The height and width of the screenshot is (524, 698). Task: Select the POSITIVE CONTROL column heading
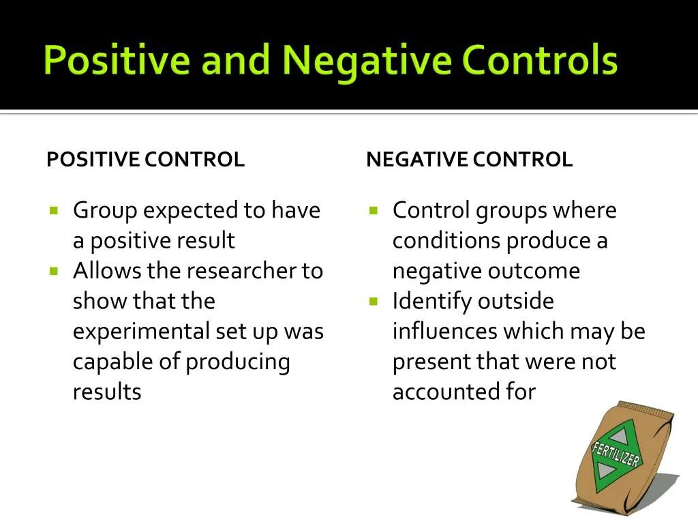145,160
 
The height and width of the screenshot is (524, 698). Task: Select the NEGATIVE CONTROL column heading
469,160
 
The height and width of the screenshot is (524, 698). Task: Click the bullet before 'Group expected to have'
55,210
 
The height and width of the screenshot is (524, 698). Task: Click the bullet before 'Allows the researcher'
55,270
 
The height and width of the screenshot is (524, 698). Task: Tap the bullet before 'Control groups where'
374,210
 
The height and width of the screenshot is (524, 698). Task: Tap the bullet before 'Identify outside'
374,300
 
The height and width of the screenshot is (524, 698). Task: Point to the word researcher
241,271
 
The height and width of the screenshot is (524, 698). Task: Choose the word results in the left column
107,392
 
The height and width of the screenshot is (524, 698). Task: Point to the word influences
444,332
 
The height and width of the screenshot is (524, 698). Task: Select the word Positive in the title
117,60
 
